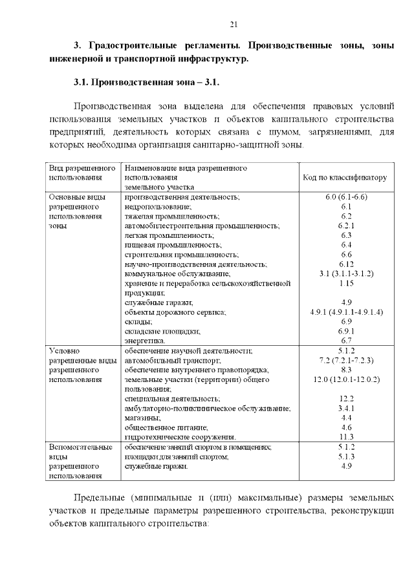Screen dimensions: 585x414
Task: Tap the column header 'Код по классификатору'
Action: (x=344, y=176)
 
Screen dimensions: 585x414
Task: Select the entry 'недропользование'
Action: (x=154, y=206)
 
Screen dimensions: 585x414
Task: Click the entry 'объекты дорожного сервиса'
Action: (x=175, y=312)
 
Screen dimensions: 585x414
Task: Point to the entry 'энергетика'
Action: (x=145, y=341)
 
